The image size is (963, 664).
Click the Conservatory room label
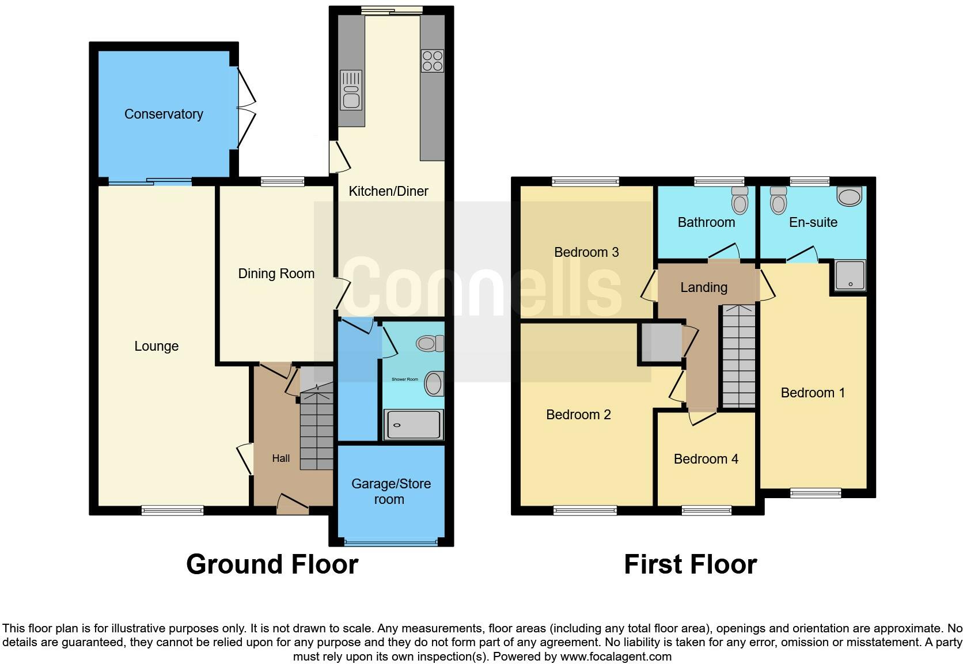tap(164, 114)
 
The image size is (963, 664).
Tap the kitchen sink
tap(351, 90)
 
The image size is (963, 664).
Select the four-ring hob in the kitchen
tap(433, 61)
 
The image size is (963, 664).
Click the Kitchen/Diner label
tap(388, 191)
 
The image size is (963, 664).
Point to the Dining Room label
tap(276, 274)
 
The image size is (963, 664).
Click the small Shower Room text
tap(405, 380)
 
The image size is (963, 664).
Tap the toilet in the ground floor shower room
tap(430, 344)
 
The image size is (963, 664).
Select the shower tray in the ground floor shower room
tap(414, 425)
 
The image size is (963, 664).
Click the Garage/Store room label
tap(390, 491)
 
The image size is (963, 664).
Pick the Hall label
tap(281, 458)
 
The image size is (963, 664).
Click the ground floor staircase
tap(317, 429)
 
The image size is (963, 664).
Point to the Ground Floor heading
tap(272, 564)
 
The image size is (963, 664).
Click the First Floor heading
tap(690, 564)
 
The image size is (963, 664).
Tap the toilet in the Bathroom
tap(740, 200)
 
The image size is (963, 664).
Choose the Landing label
tap(703, 287)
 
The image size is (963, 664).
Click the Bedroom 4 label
tap(706, 459)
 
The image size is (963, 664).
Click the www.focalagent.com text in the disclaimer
tap(616, 657)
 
